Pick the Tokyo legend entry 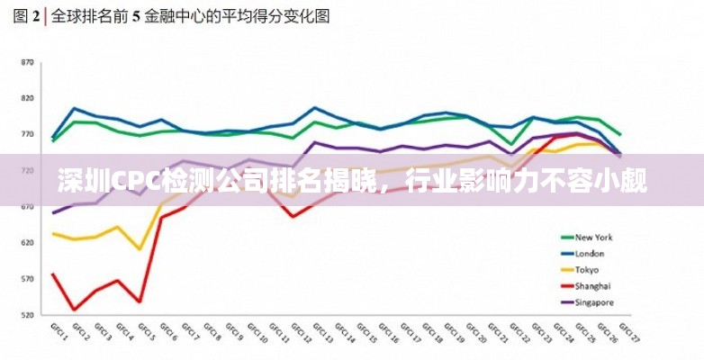588,270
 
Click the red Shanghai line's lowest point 75,310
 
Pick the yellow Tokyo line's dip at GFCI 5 140,249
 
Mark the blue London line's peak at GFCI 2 75,108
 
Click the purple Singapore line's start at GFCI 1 53,213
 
